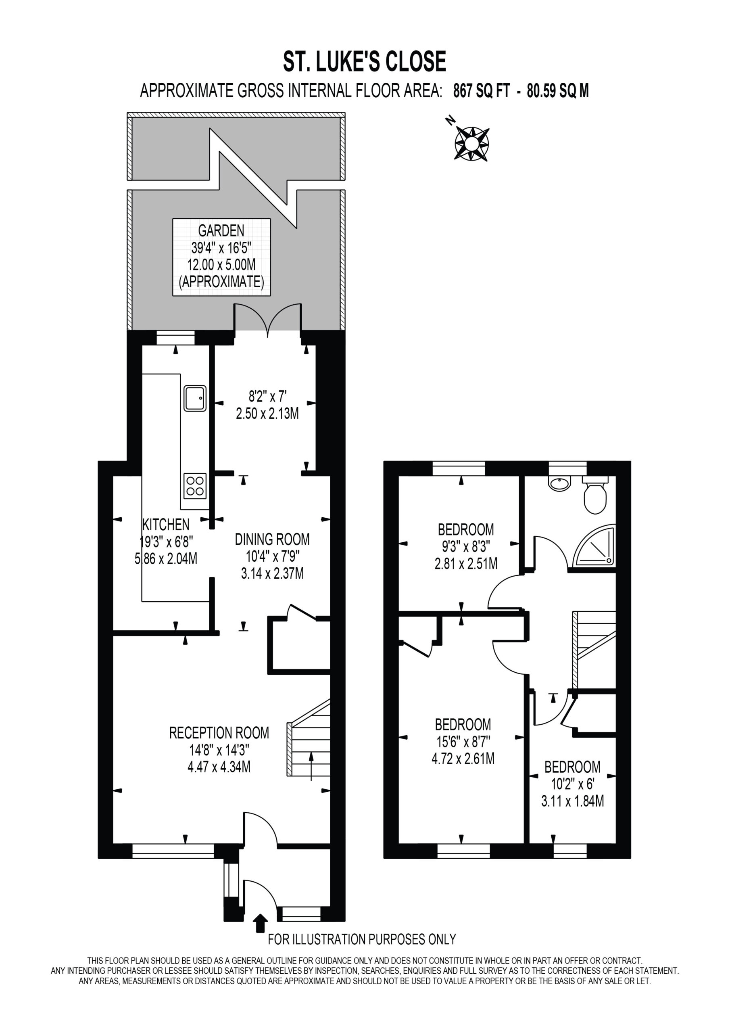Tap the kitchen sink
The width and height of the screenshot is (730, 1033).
point(195,398)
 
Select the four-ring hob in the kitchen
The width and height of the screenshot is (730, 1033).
point(195,485)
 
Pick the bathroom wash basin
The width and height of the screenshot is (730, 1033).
point(559,484)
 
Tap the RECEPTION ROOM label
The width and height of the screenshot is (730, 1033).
point(219,732)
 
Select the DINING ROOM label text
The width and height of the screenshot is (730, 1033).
point(272,539)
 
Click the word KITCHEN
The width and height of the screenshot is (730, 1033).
point(166,524)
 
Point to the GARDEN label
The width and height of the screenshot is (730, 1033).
point(221,230)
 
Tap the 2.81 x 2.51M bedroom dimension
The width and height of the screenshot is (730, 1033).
point(465,563)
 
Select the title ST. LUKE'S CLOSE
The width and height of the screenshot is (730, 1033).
point(364,62)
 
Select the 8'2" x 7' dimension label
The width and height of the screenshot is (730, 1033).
point(268,396)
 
